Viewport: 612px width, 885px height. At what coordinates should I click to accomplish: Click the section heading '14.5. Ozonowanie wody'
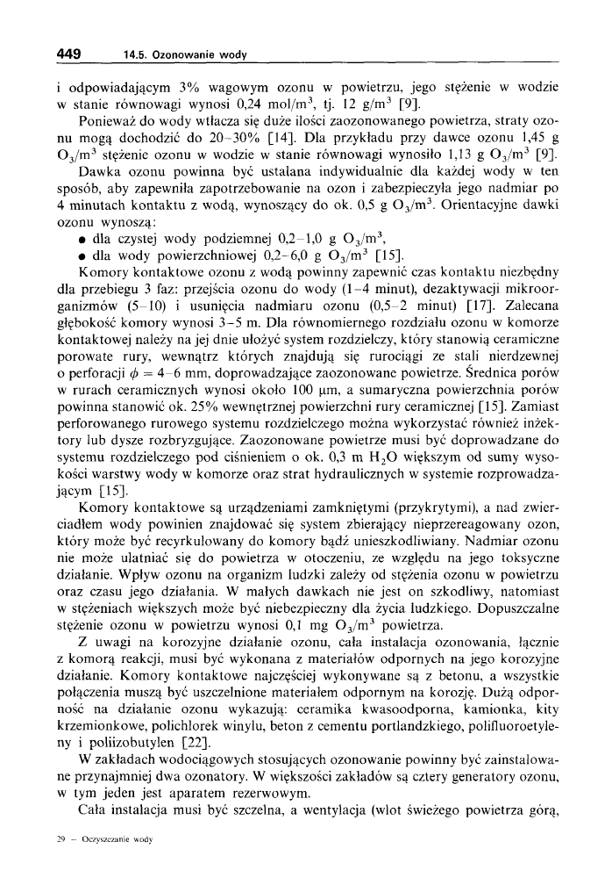[185, 55]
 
